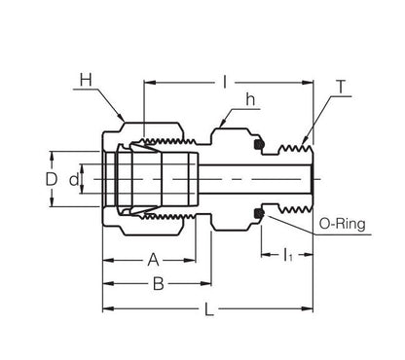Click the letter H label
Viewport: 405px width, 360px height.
pyautogui.click(x=86, y=80)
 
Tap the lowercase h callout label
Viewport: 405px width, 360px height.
pyautogui.click(x=250, y=99)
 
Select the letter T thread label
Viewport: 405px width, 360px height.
pyautogui.click(x=341, y=87)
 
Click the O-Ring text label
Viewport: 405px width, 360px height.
pyautogui.click(x=342, y=224)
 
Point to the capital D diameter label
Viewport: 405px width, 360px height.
pyautogui.click(x=52, y=179)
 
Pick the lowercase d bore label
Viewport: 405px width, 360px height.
pyautogui.click(x=74, y=179)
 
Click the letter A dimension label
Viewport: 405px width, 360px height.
pyautogui.click(x=153, y=260)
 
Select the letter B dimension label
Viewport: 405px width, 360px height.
pyautogui.click(x=158, y=284)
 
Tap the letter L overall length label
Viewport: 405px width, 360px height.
pyautogui.click(x=209, y=308)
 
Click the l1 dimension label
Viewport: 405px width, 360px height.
pyautogui.click(x=288, y=255)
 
